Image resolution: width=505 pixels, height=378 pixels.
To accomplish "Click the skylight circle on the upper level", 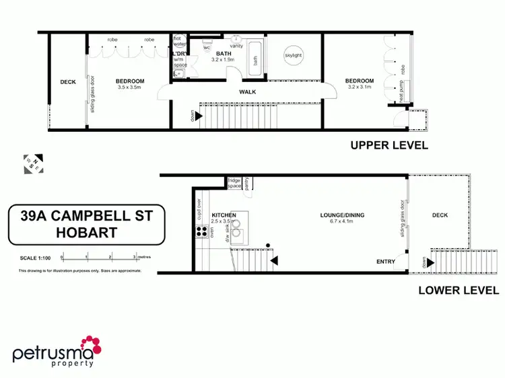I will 294,55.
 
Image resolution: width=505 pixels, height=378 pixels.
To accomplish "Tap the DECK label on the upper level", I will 68,82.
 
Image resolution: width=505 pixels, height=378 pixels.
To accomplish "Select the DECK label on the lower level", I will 439,215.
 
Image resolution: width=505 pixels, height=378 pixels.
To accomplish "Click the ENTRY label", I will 386,262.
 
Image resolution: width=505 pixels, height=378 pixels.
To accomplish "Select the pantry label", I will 248,182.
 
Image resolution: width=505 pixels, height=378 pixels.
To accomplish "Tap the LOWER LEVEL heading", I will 458,291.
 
